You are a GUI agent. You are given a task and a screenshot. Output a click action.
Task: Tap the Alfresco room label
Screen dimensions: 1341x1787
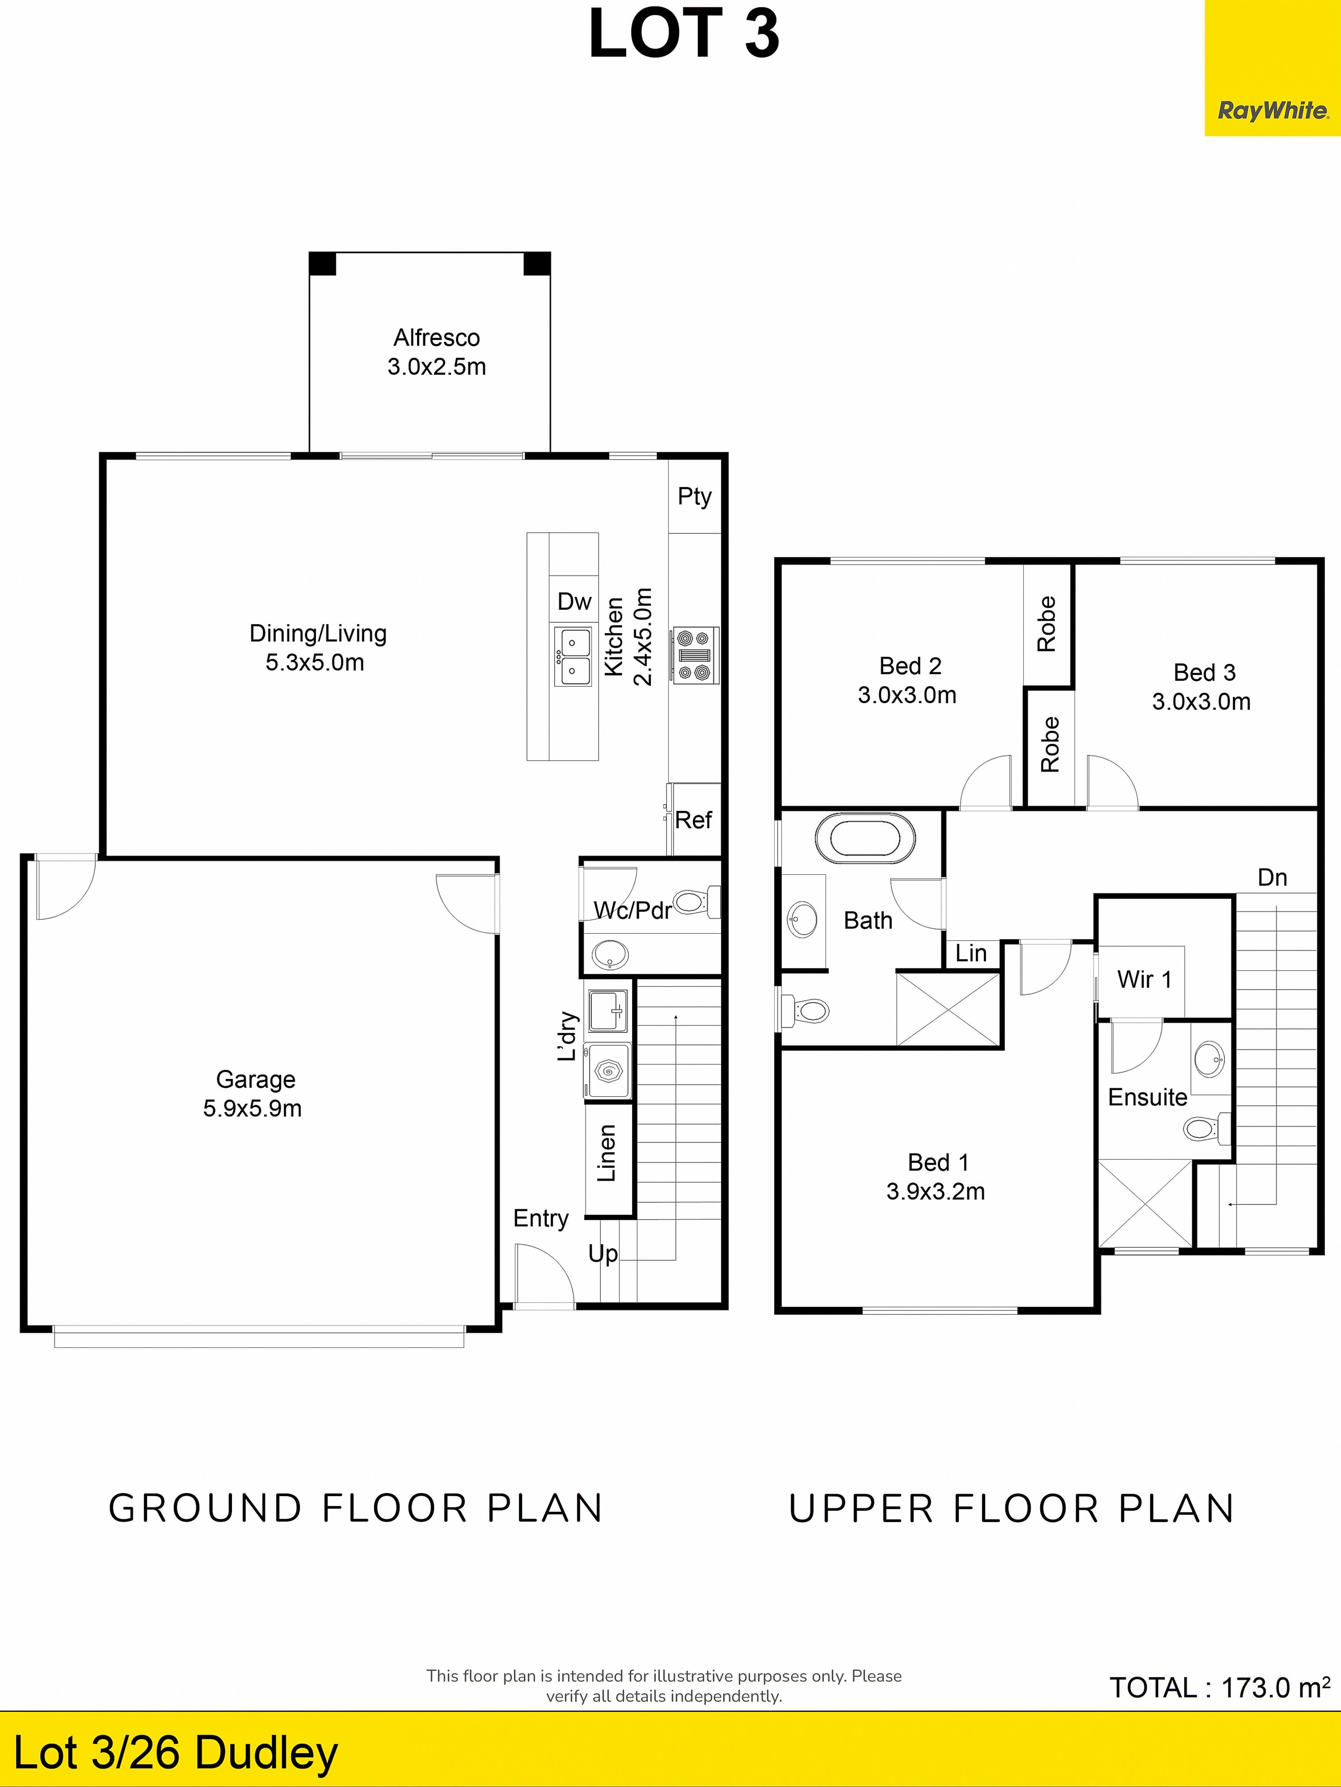pyautogui.click(x=436, y=338)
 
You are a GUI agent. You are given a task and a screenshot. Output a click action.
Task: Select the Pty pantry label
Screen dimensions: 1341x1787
pyautogui.click(x=694, y=496)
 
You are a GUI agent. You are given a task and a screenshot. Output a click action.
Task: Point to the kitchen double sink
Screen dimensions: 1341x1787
pyautogui.click(x=572, y=657)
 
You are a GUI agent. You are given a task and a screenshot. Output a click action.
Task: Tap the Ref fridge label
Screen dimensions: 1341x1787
pyautogui.click(x=693, y=820)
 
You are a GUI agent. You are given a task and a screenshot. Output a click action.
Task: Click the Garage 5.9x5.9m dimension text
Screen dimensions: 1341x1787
pyautogui.click(x=252, y=1108)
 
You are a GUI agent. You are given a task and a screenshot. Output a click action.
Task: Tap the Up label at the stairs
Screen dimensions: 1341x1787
pyautogui.click(x=603, y=1254)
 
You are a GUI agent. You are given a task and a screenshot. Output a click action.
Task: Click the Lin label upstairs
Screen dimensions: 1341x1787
pyautogui.click(x=971, y=953)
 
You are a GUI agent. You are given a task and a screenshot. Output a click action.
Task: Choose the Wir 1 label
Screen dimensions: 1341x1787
pyautogui.click(x=1144, y=979)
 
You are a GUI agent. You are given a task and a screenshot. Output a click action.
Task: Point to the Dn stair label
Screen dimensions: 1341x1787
pyautogui.click(x=1272, y=877)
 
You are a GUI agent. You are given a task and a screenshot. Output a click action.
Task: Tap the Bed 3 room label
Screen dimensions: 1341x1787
pyautogui.click(x=1204, y=672)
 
